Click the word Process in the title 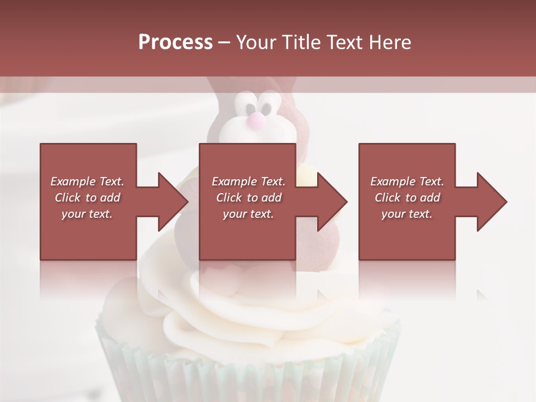[175, 42]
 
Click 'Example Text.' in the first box [87, 181]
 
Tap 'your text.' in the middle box [248, 214]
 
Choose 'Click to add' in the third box [407, 198]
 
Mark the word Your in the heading [254, 42]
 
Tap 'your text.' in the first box [87, 214]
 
